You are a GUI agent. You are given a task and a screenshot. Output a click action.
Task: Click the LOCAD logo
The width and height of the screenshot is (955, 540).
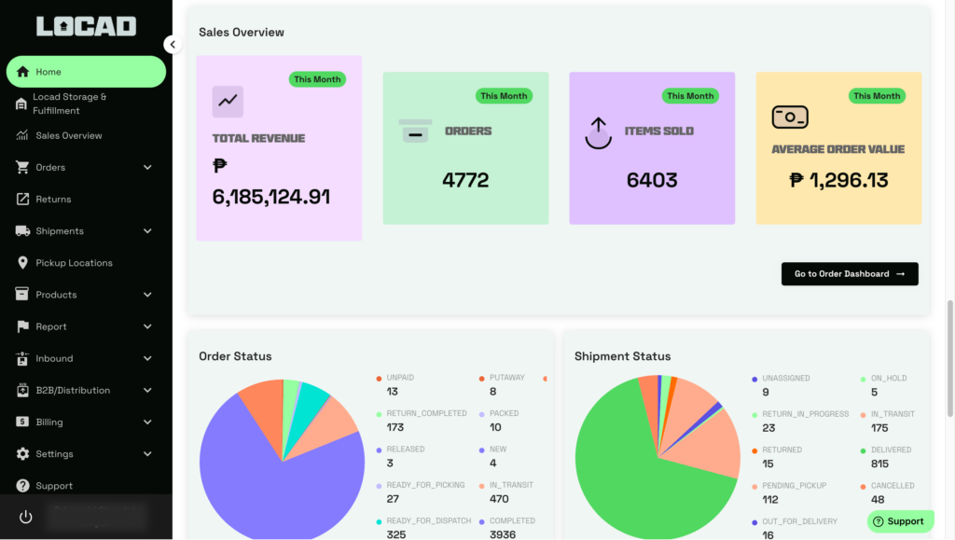point(86,26)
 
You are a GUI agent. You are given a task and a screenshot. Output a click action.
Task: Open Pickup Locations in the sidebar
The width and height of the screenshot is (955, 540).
point(74,263)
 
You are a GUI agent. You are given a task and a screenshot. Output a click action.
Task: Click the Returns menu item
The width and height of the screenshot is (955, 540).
point(53,200)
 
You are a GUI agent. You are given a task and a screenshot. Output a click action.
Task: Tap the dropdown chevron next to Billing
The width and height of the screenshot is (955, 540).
point(147,422)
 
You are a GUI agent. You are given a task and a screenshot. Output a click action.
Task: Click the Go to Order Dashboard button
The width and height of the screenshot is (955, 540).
point(849,274)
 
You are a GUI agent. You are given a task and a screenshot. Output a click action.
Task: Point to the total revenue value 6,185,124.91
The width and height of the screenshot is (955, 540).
point(271,197)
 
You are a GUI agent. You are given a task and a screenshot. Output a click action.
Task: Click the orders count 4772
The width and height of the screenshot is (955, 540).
point(465,180)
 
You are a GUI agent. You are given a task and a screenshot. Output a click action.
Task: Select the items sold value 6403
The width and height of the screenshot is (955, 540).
point(652,180)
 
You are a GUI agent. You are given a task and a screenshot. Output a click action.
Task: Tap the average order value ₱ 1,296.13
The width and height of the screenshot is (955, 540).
point(838,180)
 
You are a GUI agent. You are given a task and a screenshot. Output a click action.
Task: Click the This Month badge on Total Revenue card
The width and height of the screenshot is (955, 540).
point(317,79)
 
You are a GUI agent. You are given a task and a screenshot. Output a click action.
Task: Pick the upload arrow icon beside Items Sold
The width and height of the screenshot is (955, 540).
point(598,132)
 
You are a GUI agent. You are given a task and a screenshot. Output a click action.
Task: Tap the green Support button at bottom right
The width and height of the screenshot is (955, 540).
point(900,521)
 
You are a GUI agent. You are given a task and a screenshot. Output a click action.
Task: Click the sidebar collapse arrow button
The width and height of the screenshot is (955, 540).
point(173,44)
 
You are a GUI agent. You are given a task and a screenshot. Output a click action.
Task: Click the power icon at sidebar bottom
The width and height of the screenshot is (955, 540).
point(25,517)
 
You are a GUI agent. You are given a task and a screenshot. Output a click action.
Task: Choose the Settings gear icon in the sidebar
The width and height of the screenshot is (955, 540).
point(22,454)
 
